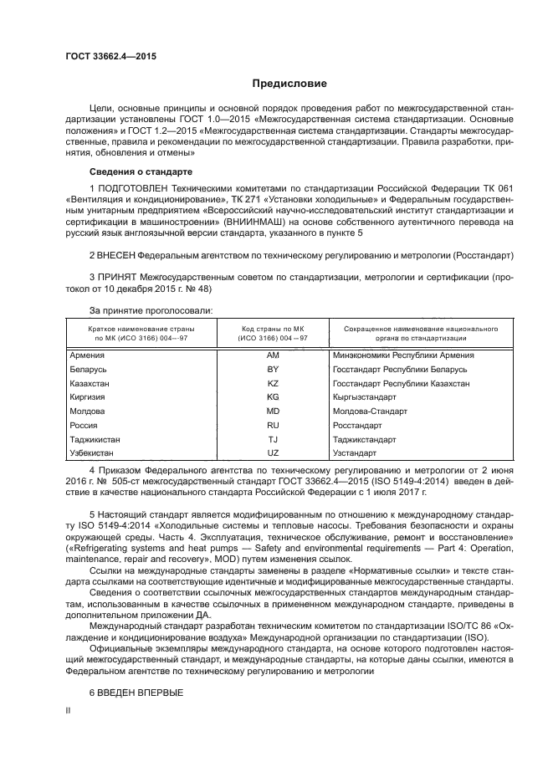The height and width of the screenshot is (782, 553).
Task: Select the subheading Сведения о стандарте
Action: pyautogui.click(x=135, y=171)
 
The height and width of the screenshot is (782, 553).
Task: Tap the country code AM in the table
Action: pyautogui.click(x=272, y=355)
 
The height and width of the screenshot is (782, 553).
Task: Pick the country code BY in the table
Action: pyautogui.click(x=272, y=369)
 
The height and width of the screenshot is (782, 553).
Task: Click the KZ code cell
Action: pyautogui.click(x=272, y=383)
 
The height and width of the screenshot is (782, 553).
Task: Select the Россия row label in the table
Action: pyautogui.click(x=84, y=424)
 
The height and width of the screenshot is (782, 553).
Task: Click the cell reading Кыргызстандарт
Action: pyautogui.click(x=365, y=396)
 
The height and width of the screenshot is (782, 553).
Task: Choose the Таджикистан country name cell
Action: pyautogui.click(x=95, y=438)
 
